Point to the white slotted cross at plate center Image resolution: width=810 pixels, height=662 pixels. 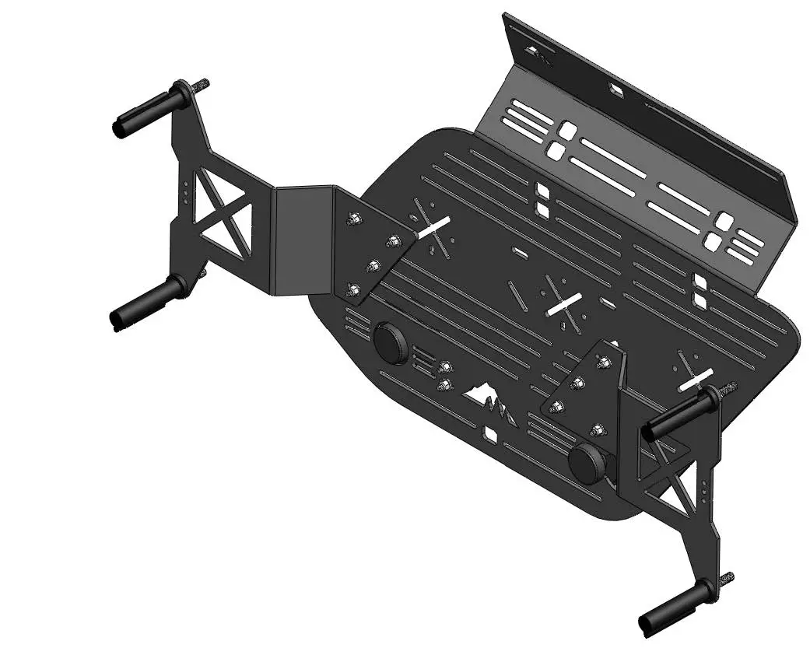coord(565,304)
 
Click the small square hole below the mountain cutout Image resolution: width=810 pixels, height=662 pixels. coord(490,433)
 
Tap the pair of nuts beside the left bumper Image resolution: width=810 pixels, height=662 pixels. coord(445,374)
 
